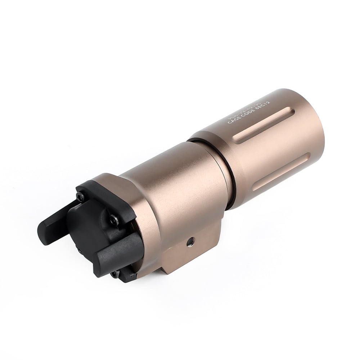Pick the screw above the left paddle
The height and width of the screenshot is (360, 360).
[x=80, y=197]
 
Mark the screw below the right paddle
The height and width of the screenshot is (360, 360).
[x=114, y=274]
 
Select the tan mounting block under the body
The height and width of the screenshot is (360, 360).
[x=180, y=252]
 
